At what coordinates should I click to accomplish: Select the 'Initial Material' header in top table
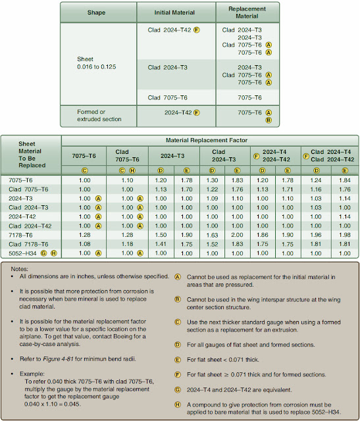(x=176, y=12)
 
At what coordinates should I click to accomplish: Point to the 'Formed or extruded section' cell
(x=100, y=116)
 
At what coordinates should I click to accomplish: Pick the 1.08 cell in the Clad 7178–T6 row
(x=84, y=244)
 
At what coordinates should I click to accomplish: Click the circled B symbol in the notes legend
(x=178, y=298)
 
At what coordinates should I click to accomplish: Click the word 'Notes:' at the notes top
(x=20, y=268)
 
